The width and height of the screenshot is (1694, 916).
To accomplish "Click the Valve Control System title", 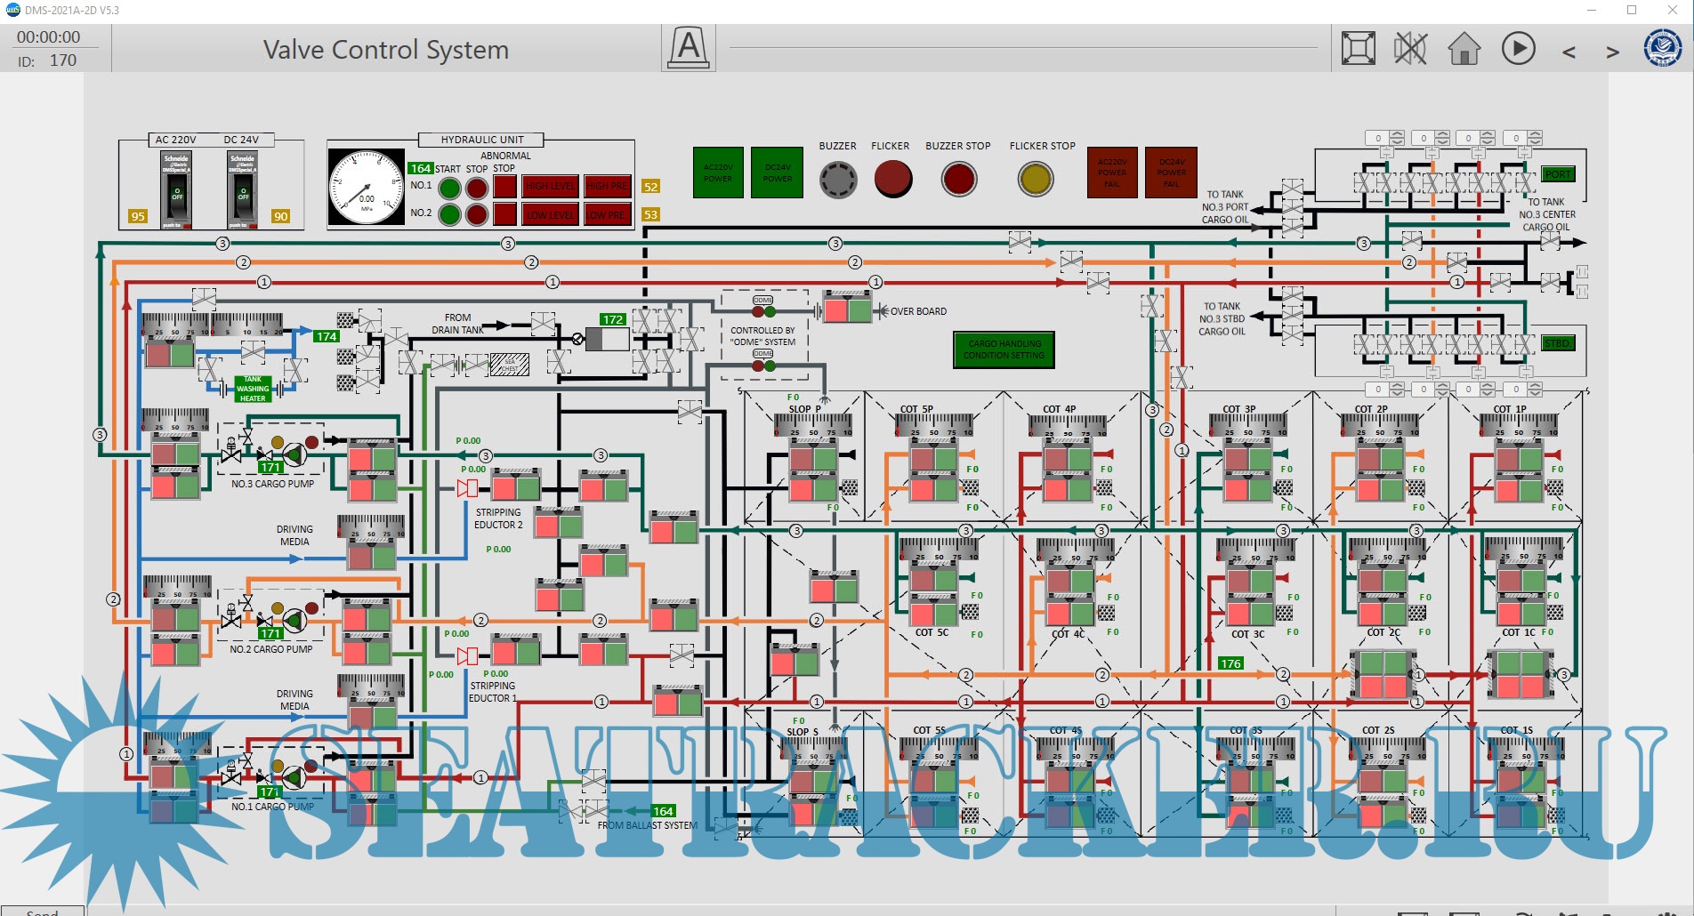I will point(385,50).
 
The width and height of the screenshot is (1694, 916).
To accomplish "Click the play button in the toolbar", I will point(1518,48).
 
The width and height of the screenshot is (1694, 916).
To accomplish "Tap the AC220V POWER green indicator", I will point(718,173).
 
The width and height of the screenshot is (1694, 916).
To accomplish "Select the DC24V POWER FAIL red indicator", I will point(1171,173).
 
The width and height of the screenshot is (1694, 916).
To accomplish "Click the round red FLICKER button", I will point(892,179).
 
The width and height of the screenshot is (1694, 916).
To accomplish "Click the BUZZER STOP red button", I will point(958,179).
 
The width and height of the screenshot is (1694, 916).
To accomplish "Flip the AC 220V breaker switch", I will point(176,189).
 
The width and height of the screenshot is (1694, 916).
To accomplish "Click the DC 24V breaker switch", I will point(242,189).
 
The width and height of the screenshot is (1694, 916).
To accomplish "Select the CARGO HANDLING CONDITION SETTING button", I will point(1004,350).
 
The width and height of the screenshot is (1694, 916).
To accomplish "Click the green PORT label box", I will point(1558,174).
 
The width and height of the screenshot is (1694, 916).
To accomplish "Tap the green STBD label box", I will point(1556,343).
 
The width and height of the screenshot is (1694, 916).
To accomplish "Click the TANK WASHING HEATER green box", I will point(253,389).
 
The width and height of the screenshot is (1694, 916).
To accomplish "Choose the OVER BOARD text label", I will point(918,311).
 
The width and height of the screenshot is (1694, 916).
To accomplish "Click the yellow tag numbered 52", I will point(651,187).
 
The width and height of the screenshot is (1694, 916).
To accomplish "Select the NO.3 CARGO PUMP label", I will point(272,484).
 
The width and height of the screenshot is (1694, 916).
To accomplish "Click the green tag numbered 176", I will point(1230,663).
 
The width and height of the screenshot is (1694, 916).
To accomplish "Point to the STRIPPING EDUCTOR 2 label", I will point(498,518).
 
